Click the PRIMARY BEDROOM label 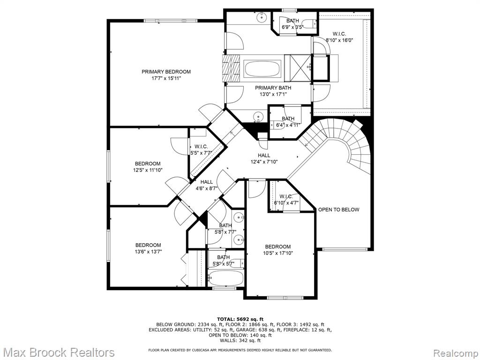point(166,72)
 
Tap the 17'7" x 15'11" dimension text point(166,78)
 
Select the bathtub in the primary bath point(262,68)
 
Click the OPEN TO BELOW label point(338,210)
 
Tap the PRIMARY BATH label point(273,88)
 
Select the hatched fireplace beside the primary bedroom point(231,68)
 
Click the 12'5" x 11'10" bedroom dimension point(148,170)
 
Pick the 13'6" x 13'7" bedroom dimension point(148,252)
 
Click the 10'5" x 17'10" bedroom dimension point(278,253)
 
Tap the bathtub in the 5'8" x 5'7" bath point(226,278)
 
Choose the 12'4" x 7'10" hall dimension point(264,162)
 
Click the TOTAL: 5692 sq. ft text point(240,319)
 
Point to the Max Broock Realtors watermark point(58,352)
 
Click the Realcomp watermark point(455,352)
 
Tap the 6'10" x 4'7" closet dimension point(286,202)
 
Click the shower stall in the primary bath point(298,68)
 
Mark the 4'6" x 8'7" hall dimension point(206,188)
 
